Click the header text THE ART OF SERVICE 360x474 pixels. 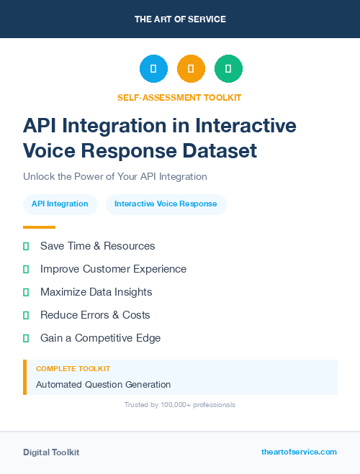(x=180, y=19)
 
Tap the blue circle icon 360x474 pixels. (x=153, y=69)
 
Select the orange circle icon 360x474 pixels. (x=191, y=69)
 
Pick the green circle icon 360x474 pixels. (x=228, y=69)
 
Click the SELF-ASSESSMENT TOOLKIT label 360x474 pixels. (x=179, y=97)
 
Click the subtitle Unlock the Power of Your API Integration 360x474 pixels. (x=115, y=176)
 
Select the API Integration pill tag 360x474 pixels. (x=60, y=204)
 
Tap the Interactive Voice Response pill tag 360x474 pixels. (x=166, y=204)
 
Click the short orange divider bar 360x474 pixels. (x=39, y=227)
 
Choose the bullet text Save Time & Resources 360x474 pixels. (x=97, y=246)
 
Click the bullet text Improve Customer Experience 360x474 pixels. (x=113, y=269)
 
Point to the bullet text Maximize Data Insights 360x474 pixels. (x=96, y=292)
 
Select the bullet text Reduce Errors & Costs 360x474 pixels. (x=95, y=315)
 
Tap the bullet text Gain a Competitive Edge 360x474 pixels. (x=100, y=338)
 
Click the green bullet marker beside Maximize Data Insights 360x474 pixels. (x=26, y=292)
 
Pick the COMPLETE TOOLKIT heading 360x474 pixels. (x=73, y=369)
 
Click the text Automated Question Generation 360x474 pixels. (x=103, y=385)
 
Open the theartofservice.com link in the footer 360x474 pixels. (x=299, y=452)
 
